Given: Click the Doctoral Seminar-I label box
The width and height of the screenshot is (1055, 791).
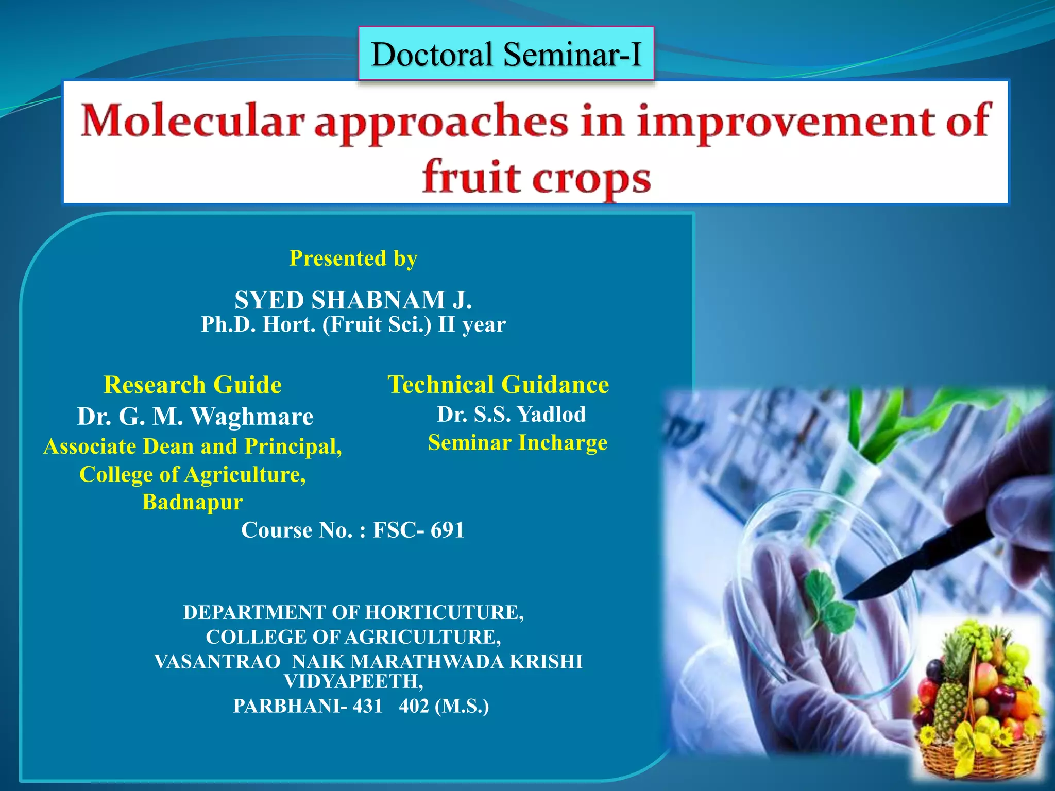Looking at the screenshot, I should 506,54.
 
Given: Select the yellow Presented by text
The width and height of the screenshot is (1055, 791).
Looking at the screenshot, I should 353,259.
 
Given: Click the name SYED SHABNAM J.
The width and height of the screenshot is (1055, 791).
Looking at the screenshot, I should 353,300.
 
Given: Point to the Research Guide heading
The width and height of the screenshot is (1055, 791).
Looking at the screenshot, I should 193,385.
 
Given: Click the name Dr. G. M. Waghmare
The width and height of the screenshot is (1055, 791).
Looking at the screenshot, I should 195,416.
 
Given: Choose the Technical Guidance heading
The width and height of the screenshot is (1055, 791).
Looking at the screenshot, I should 498,385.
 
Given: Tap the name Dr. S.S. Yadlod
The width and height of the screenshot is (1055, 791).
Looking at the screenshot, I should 511,415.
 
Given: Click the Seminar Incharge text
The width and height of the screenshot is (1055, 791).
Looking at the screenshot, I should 517,443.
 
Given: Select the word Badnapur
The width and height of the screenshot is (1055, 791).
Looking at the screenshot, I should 192,502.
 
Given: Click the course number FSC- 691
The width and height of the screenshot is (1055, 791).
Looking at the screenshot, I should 418,530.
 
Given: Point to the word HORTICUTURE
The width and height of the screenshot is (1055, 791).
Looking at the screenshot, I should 444,612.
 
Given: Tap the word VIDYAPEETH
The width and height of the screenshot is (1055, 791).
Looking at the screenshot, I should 353,681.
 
